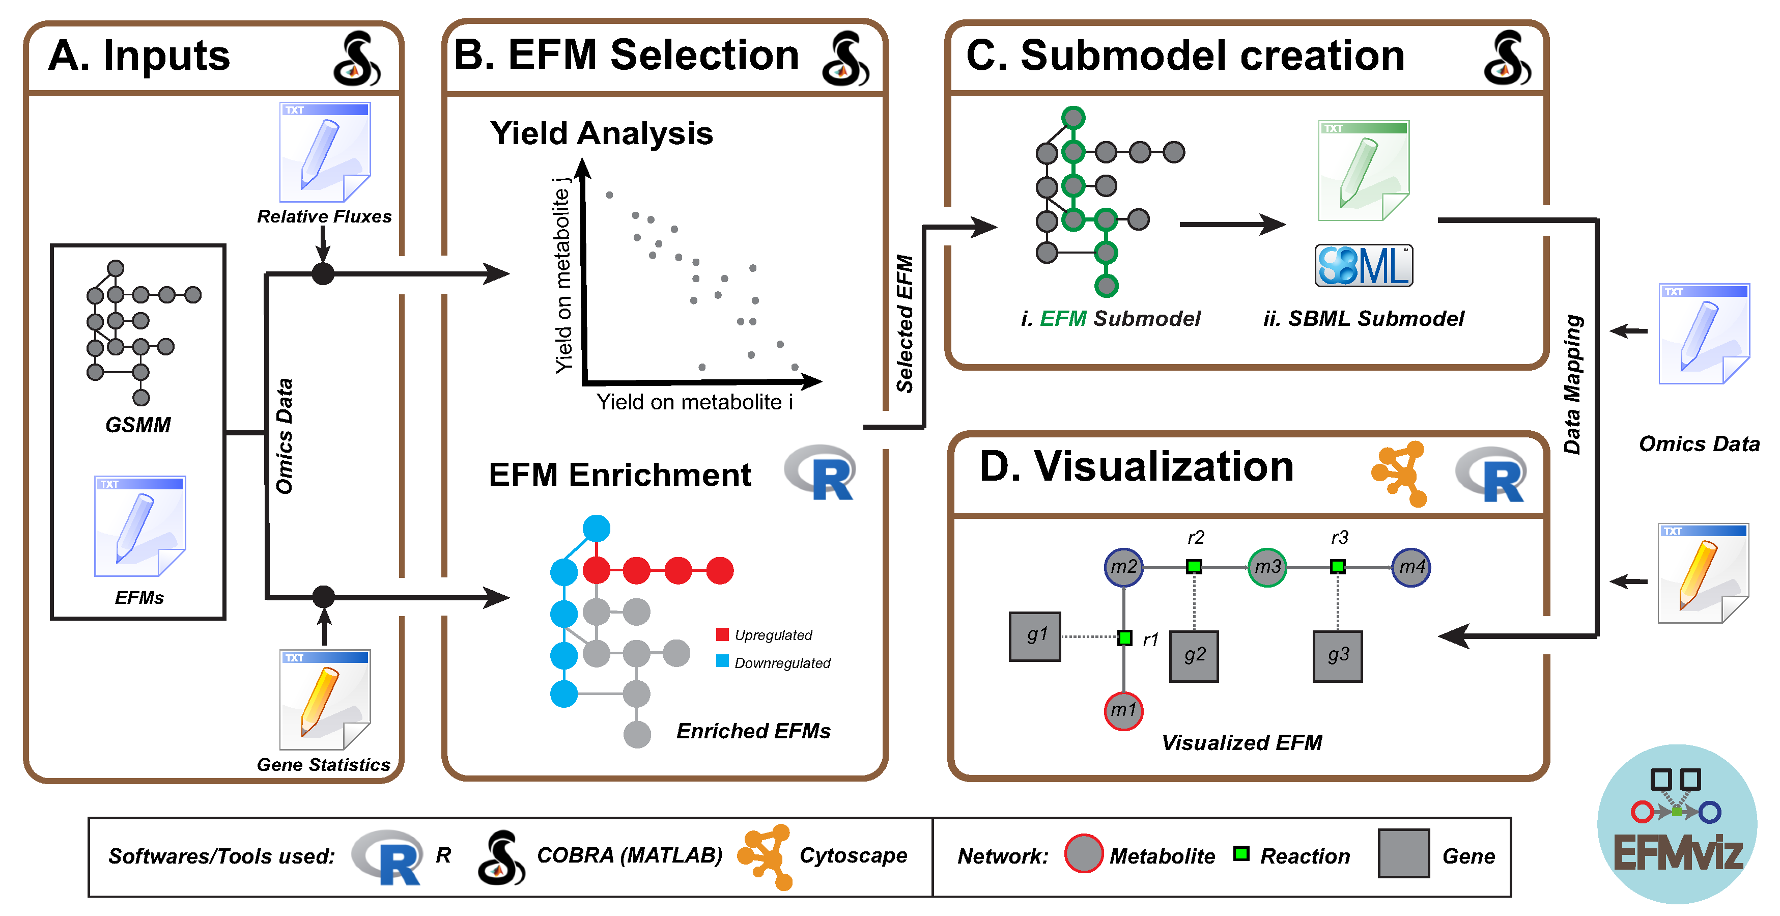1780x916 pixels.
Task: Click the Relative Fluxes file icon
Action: (x=325, y=152)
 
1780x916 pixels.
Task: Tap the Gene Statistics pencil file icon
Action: (x=325, y=700)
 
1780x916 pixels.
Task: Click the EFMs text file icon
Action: (x=139, y=526)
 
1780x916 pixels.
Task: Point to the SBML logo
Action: (x=1363, y=265)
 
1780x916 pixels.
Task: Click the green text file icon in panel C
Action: (x=1363, y=171)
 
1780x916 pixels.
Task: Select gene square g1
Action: (x=1034, y=636)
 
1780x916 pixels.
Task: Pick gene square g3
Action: (x=1338, y=656)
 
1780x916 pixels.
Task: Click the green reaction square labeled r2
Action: (x=1194, y=567)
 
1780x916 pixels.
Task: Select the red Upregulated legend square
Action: (x=723, y=634)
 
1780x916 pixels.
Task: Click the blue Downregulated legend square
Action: (x=723, y=661)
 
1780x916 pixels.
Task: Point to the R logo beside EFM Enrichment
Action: (x=821, y=473)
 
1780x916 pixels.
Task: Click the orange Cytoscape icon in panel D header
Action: (x=1400, y=474)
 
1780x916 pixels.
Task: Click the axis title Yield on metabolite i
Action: (x=694, y=402)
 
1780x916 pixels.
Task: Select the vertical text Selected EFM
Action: (x=905, y=323)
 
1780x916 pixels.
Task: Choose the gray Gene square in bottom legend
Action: (x=1403, y=854)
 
